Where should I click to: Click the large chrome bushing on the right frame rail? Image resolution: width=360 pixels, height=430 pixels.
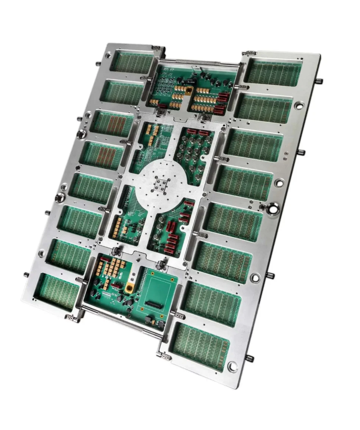[x=272, y=207]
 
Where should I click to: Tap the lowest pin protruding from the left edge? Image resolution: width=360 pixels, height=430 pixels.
[x=26, y=275]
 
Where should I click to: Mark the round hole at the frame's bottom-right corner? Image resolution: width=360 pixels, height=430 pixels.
[x=232, y=366]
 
